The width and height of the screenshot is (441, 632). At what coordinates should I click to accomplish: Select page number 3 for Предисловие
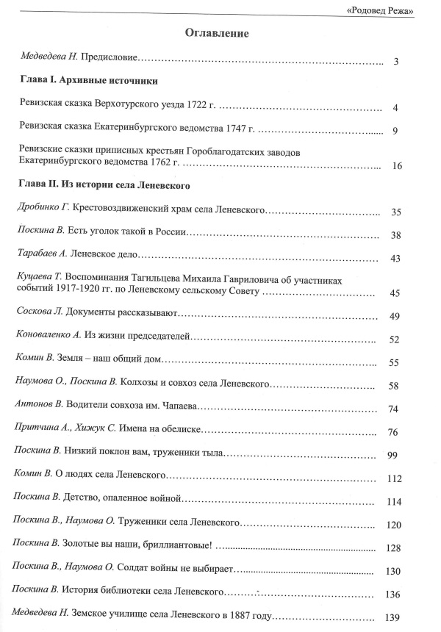395,62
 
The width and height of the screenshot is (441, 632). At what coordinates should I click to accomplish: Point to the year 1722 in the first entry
198,107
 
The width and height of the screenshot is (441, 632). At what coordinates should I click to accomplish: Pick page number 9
395,132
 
